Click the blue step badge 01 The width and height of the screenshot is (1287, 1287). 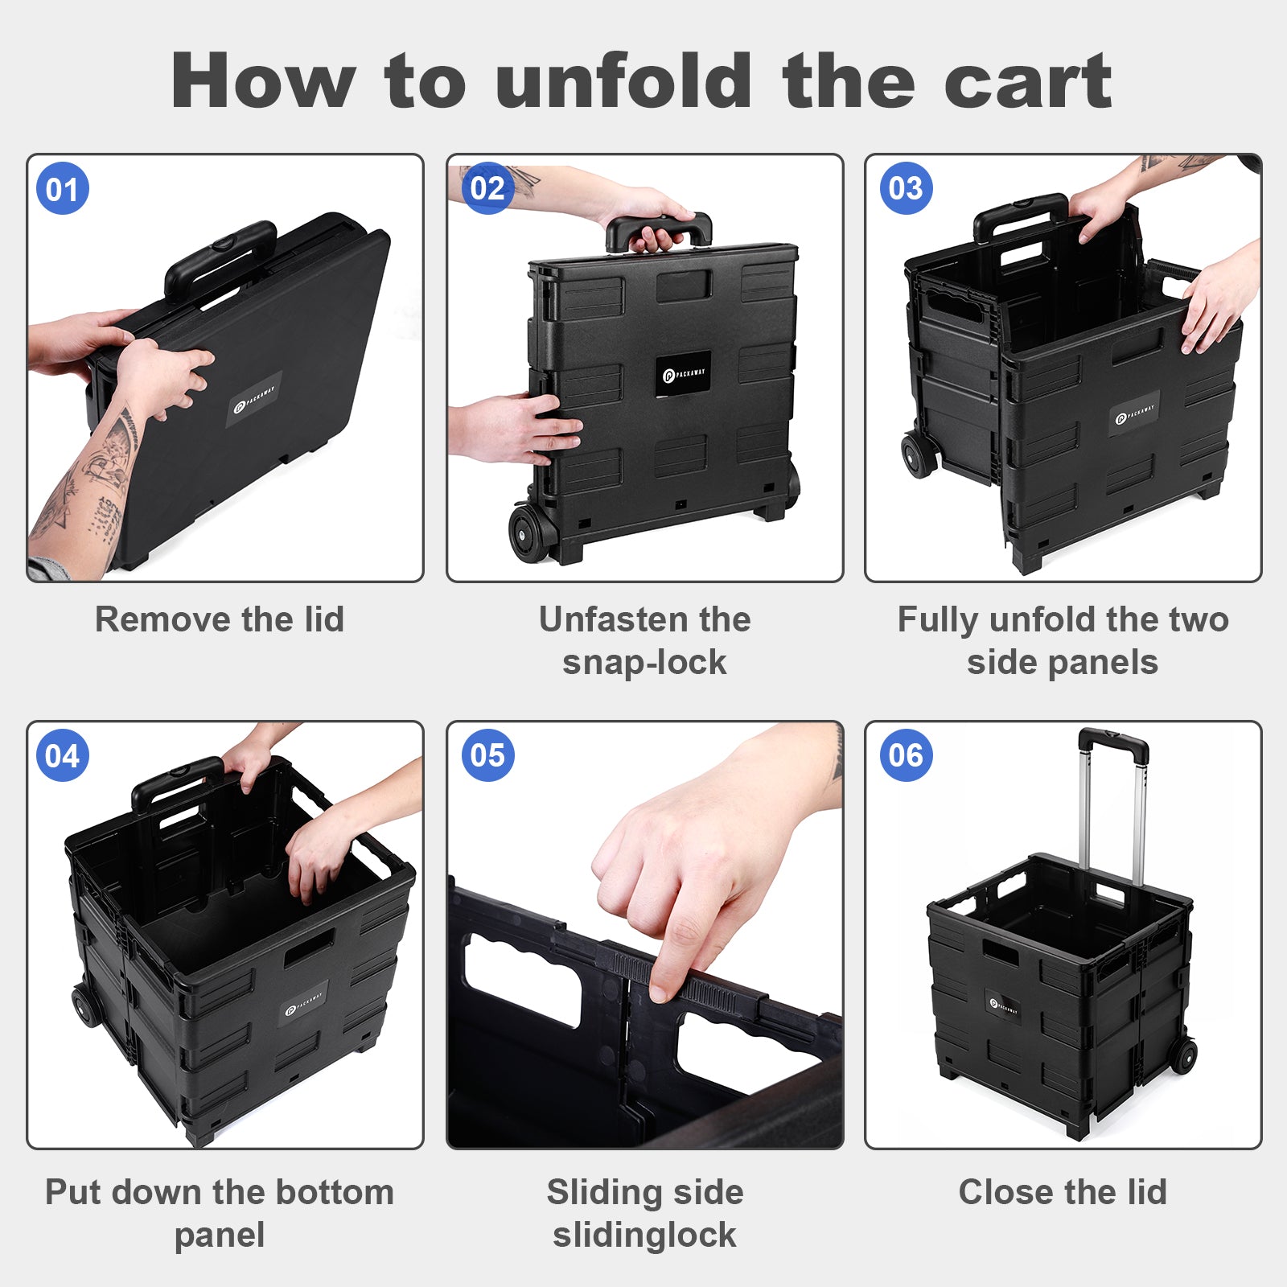pos(63,189)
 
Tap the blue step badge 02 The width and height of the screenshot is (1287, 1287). pos(487,188)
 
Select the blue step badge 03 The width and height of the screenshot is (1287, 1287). pos(907,188)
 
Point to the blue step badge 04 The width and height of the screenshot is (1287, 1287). pos(63,756)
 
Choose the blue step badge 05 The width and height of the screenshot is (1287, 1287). pos(487,755)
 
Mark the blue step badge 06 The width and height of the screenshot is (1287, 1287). pos(907,755)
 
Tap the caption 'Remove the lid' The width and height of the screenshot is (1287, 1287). pos(220,619)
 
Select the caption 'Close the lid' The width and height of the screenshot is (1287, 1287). pos(1063,1192)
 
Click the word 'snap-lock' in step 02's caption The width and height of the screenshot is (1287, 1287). pos(644,663)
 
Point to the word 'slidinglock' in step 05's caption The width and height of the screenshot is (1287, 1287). pos(644,1236)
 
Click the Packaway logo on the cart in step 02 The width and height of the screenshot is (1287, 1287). pos(683,374)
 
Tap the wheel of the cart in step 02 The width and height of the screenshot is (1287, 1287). pos(528,532)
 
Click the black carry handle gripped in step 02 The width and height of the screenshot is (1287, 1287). pos(659,230)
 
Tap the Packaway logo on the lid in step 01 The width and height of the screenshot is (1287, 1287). pos(254,399)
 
